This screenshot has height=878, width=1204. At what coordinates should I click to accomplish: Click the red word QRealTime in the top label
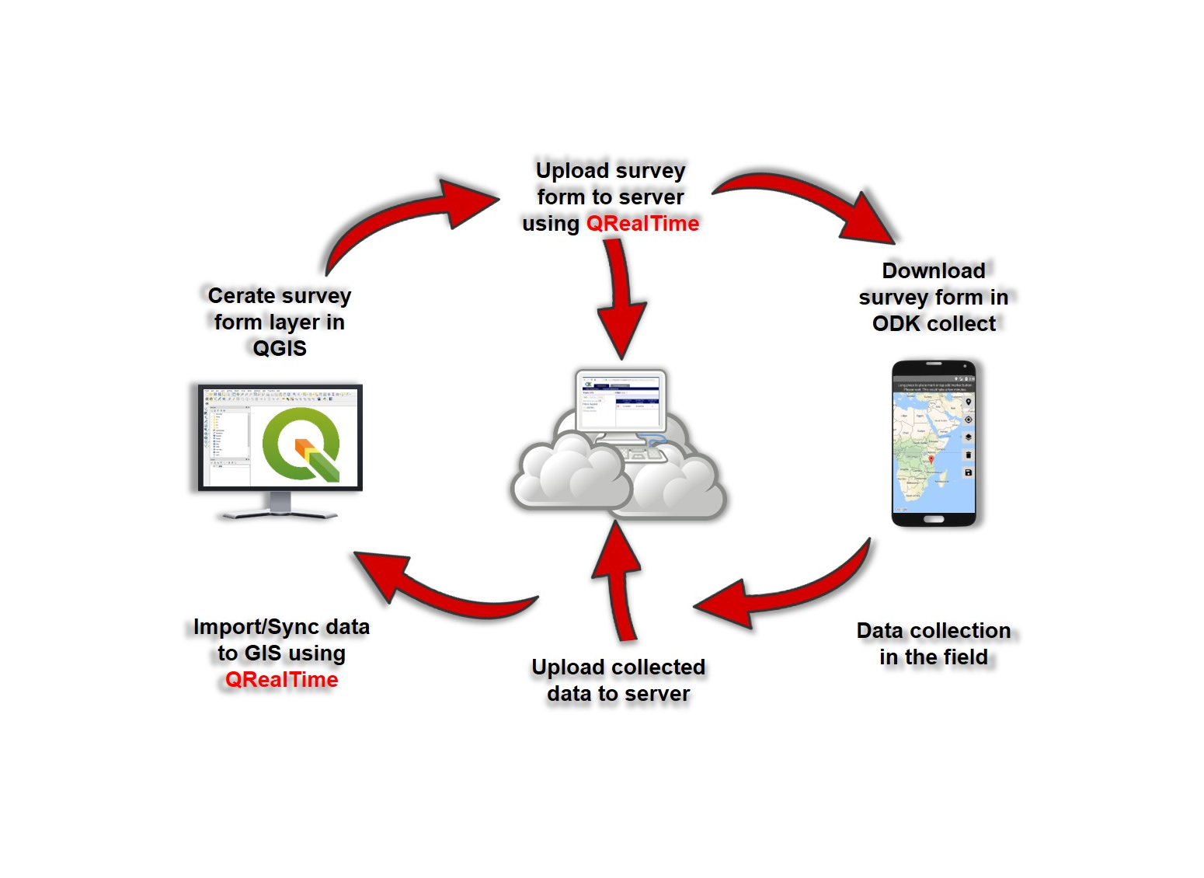[642, 224]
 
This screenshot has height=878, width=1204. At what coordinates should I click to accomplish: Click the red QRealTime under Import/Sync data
[281, 680]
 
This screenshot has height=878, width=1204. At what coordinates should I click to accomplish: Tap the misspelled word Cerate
[241, 296]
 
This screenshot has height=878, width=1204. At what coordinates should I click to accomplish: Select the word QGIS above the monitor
[280, 348]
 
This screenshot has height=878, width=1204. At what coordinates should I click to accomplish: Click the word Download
[934, 270]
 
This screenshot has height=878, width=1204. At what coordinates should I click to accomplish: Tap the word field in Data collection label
[966, 657]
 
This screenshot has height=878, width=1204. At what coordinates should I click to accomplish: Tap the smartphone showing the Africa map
[934, 443]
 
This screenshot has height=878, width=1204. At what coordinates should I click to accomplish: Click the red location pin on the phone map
[931, 460]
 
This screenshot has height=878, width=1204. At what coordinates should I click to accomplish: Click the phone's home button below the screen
[933, 519]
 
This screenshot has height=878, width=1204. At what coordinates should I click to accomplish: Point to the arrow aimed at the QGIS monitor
[435, 594]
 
